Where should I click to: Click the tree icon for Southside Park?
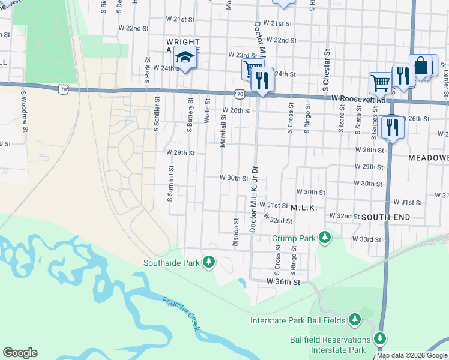(x=209, y=262)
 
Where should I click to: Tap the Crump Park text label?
(x=293, y=238)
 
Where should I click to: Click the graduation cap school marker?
(x=184, y=59)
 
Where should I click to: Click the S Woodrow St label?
(x=25, y=109)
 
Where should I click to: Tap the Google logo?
(x=20, y=353)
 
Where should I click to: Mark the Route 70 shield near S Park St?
(x=63, y=89)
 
